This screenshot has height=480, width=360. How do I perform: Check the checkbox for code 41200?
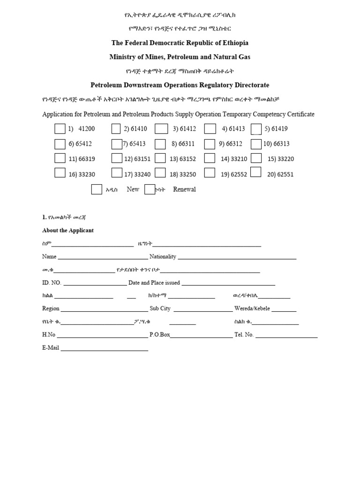60,129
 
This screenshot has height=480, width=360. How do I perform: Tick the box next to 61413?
210,129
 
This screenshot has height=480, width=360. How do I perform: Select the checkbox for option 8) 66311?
160,144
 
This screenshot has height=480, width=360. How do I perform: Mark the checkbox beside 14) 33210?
210,158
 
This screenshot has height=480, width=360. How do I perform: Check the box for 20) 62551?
255,172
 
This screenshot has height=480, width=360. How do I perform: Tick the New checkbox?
97,189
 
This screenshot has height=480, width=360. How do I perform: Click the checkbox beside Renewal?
150,189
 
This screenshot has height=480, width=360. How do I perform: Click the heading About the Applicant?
68,231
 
